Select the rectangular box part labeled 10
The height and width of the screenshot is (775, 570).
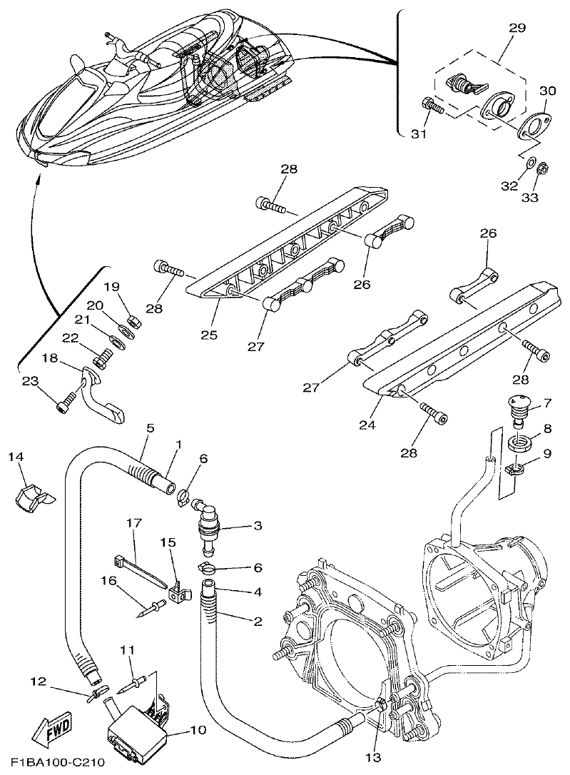(x=138, y=729)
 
